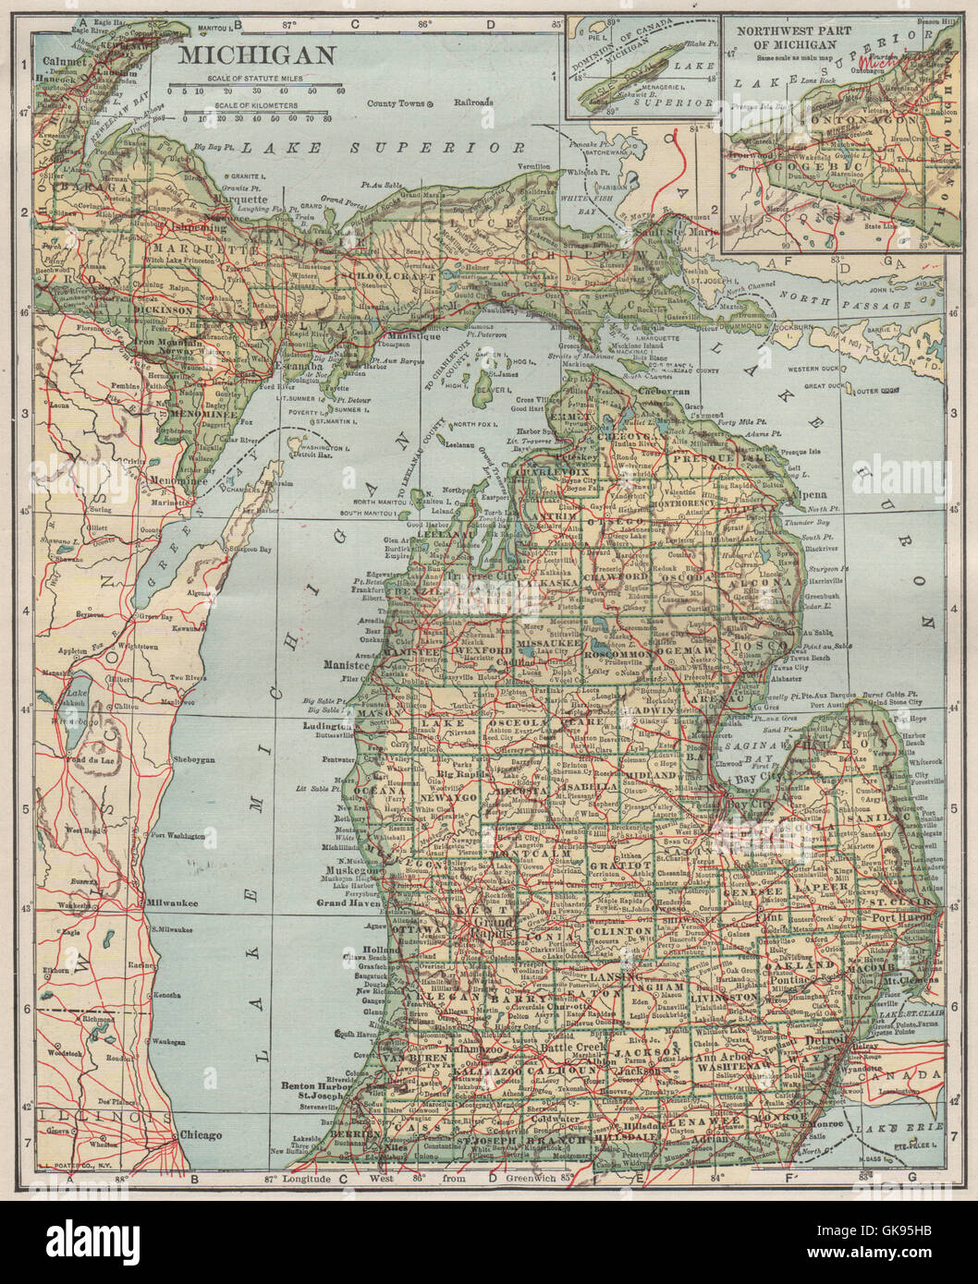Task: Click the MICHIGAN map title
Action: click(256, 55)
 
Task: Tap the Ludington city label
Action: click(325, 726)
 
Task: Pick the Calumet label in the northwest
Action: click(51, 62)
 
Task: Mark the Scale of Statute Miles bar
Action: click(256, 91)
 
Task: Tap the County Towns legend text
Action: click(394, 103)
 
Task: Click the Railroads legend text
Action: click(473, 103)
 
